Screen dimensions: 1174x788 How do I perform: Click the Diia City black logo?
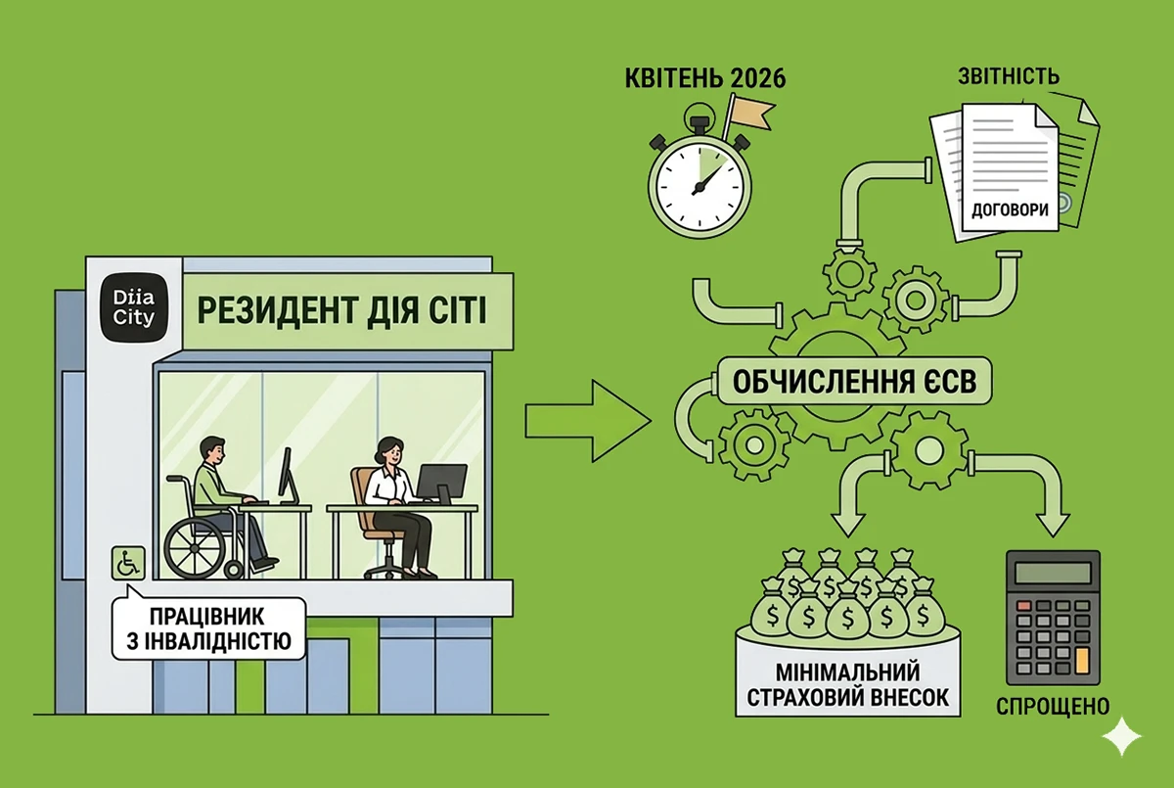pyautogui.click(x=134, y=308)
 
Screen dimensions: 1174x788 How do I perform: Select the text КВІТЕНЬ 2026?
pyautogui.click(x=705, y=78)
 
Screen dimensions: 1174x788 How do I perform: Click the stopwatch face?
pyautogui.click(x=700, y=185)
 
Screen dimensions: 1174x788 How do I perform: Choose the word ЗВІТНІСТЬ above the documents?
pyautogui.click(x=1009, y=76)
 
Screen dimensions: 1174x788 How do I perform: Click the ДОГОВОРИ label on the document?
pyautogui.click(x=1010, y=210)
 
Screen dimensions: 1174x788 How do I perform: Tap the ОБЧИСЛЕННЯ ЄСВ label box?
pyautogui.click(x=854, y=381)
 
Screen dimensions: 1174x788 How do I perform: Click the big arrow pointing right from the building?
pyautogui.click(x=588, y=421)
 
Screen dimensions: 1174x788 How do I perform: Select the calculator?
pyautogui.click(x=1053, y=617)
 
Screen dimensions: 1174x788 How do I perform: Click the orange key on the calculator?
pyautogui.click(x=1082, y=660)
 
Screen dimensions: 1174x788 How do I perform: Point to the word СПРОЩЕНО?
pyautogui.click(x=1053, y=706)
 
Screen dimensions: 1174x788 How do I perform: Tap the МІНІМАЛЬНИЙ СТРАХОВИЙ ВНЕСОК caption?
pyautogui.click(x=847, y=685)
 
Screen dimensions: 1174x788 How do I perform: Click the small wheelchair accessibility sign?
pyautogui.click(x=128, y=563)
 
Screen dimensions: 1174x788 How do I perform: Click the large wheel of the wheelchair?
pyautogui.click(x=197, y=547)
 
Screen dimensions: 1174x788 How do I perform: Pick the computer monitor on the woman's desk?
pyautogui.click(x=441, y=483)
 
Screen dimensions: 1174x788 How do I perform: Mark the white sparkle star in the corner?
pyautogui.click(x=1121, y=736)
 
